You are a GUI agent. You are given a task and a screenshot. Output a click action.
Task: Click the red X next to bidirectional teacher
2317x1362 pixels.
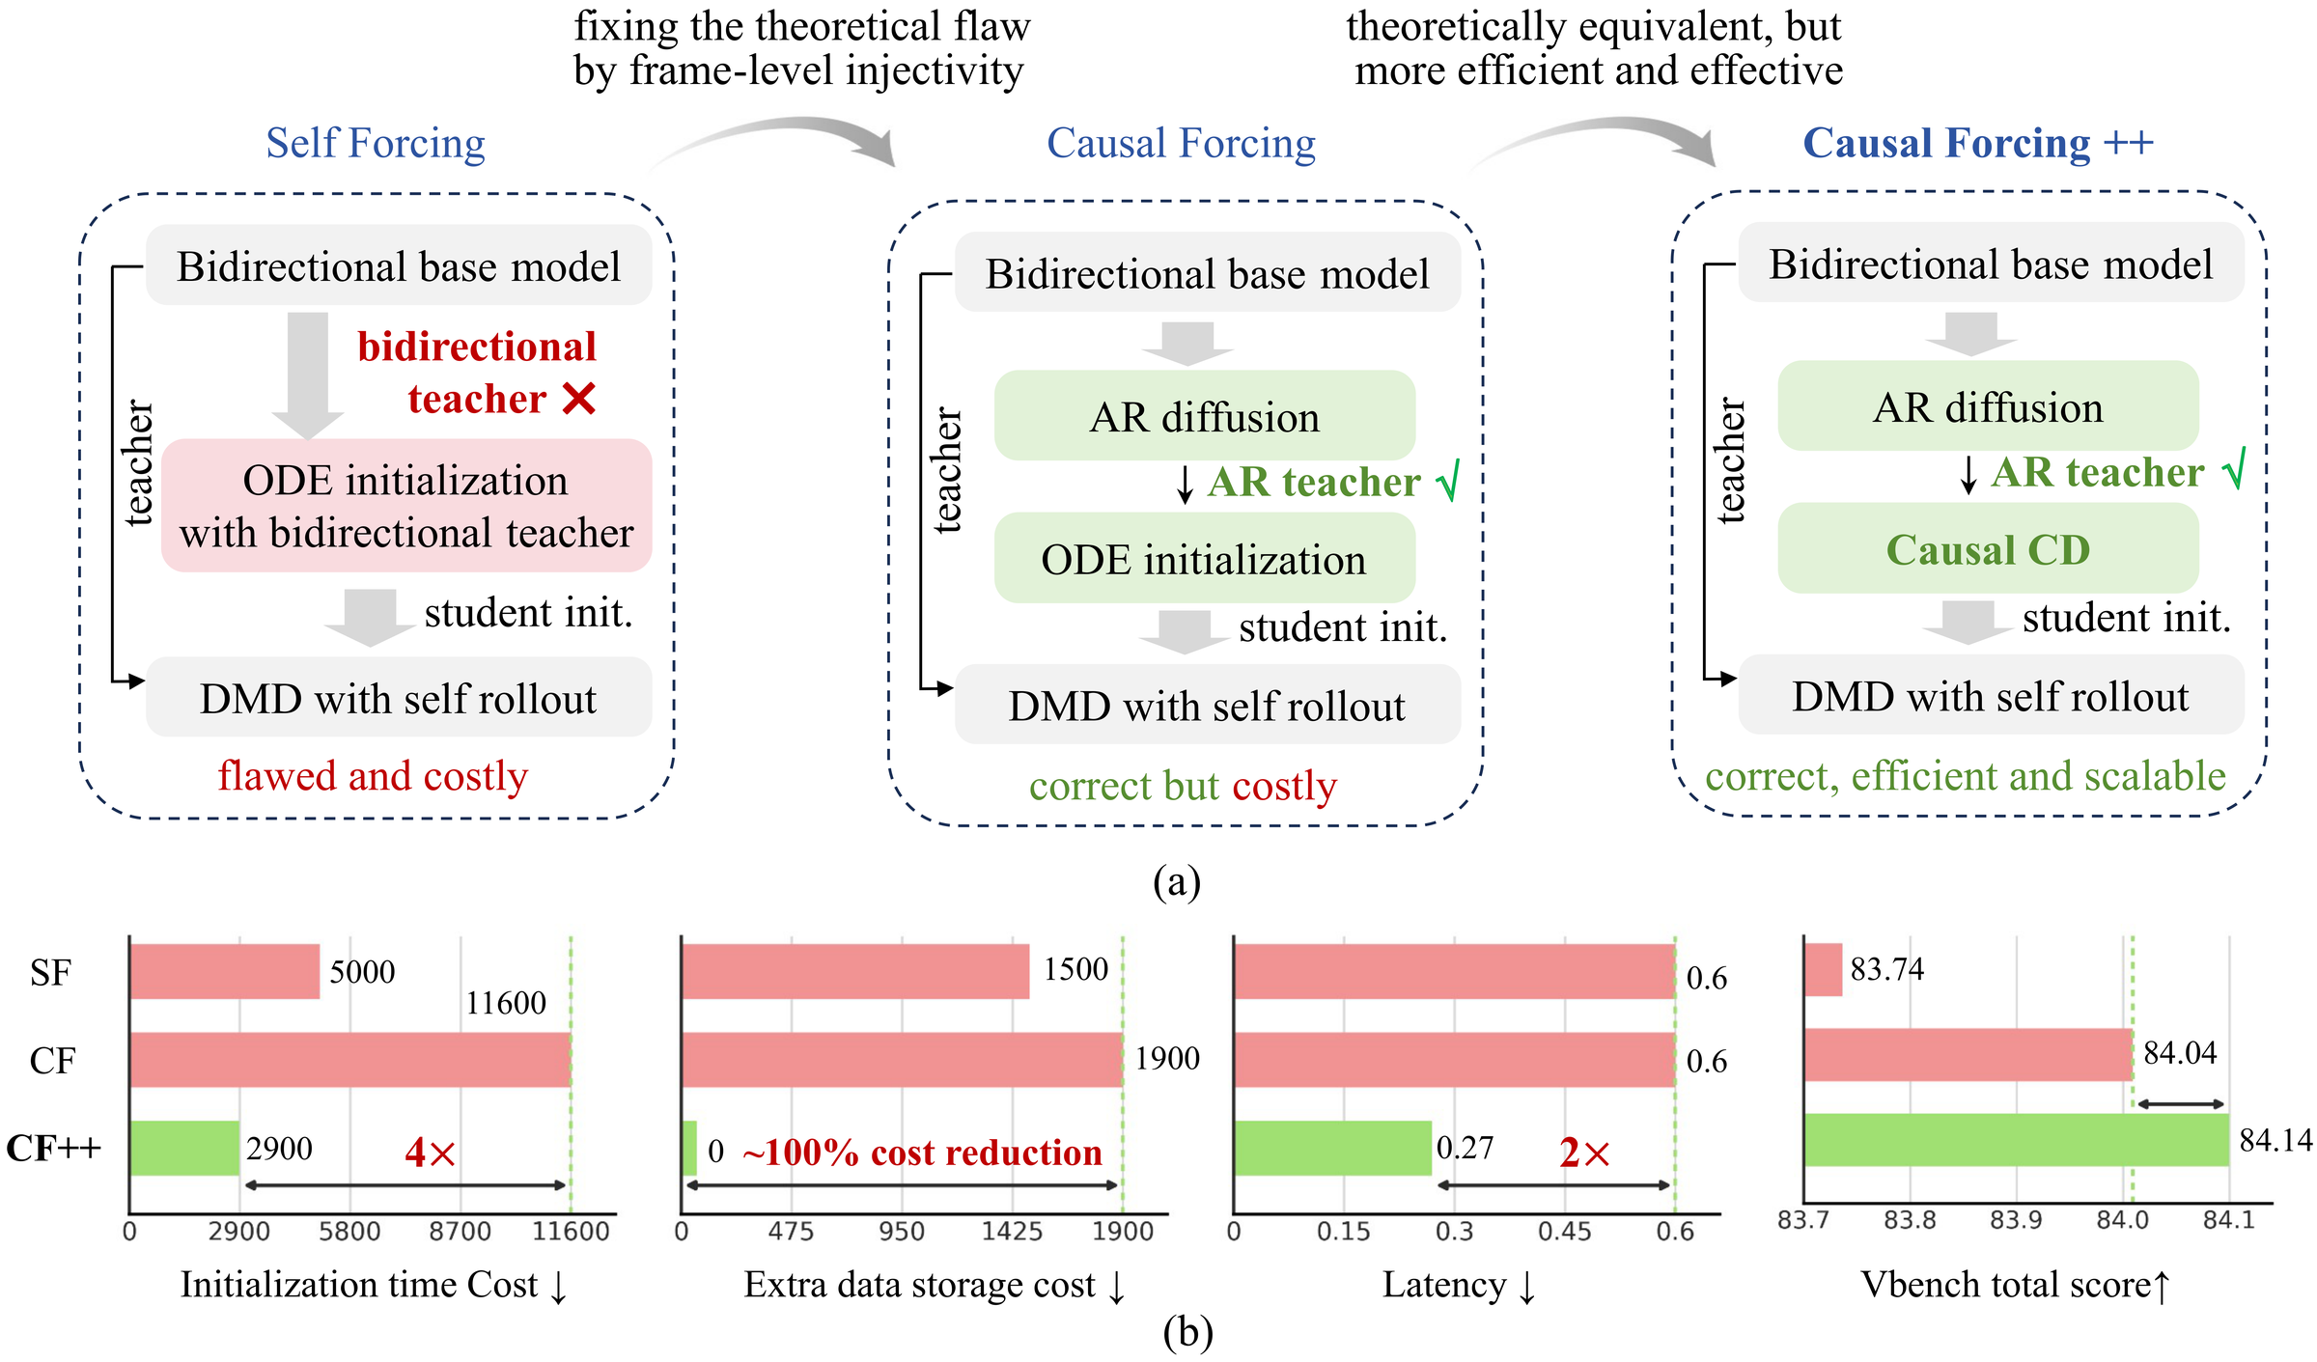[578, 398]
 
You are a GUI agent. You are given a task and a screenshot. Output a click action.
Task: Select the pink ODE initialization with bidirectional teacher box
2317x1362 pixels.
[406, 505]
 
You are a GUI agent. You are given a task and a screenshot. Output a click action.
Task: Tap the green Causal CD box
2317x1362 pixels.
[1988, 548]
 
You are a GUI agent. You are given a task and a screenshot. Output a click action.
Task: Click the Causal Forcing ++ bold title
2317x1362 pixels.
[1978, 143]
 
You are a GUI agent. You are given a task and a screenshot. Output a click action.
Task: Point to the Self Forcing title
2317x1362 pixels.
[376, 143]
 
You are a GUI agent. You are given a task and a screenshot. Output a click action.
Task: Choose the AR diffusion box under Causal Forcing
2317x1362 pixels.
[1205, 415]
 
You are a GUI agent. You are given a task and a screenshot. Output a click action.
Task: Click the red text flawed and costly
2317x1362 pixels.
[373, 775]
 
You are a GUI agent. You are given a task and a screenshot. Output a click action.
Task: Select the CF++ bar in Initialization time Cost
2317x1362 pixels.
[184, 1148]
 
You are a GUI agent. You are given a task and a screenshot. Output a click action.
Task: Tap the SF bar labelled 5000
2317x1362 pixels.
[225, 971]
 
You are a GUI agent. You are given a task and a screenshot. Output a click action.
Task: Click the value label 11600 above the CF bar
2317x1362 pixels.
[506, 1003]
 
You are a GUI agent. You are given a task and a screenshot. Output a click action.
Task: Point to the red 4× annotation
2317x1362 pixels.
[430, 1152]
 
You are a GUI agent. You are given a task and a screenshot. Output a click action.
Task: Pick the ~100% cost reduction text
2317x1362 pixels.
[922, 1152]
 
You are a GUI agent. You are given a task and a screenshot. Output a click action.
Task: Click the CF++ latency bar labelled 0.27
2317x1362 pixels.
[1332, 1148]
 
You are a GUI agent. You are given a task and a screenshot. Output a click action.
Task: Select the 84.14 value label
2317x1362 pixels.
[2275, 1140]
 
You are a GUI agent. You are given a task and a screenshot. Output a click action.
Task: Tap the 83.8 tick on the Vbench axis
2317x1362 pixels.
[1910, 1220]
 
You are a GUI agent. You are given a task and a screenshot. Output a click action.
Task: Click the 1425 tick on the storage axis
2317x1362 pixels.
[1013, 1231]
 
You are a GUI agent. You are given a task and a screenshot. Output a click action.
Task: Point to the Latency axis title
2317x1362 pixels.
[1459, 1285]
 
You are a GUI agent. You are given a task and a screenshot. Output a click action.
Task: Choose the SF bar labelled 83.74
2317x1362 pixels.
[1823, 969]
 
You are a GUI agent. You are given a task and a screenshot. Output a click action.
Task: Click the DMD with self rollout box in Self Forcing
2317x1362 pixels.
[399, 697]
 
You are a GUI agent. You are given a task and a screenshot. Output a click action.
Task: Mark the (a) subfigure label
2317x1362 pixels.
[1177, 880]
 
